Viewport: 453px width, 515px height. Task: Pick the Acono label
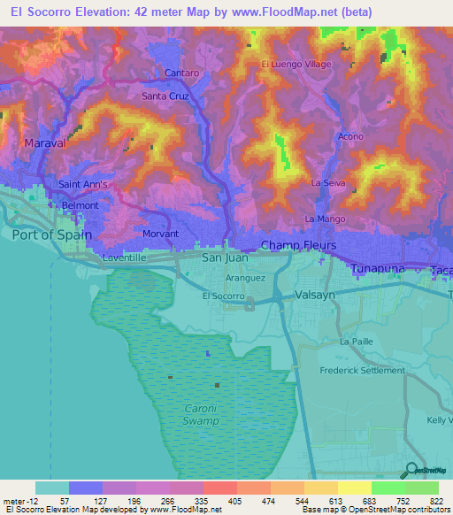coord(350,137)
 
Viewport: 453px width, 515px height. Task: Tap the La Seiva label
coord(326,182)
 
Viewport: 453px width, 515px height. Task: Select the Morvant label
coord(160,234)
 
